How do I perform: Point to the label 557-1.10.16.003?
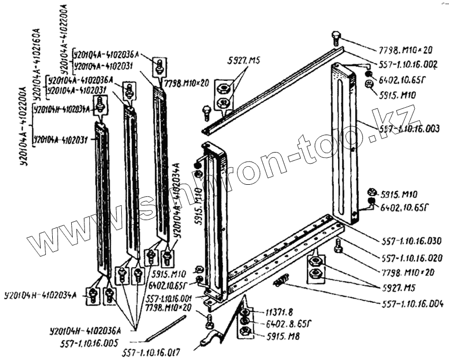click(x=407, y=128)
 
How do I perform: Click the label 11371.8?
click(x=270, y=311)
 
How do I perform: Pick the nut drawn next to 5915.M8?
click(x=245, y=331)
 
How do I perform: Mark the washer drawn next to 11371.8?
click(x=245, y=311)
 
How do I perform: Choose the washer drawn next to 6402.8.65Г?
click(x=245, y=321)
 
